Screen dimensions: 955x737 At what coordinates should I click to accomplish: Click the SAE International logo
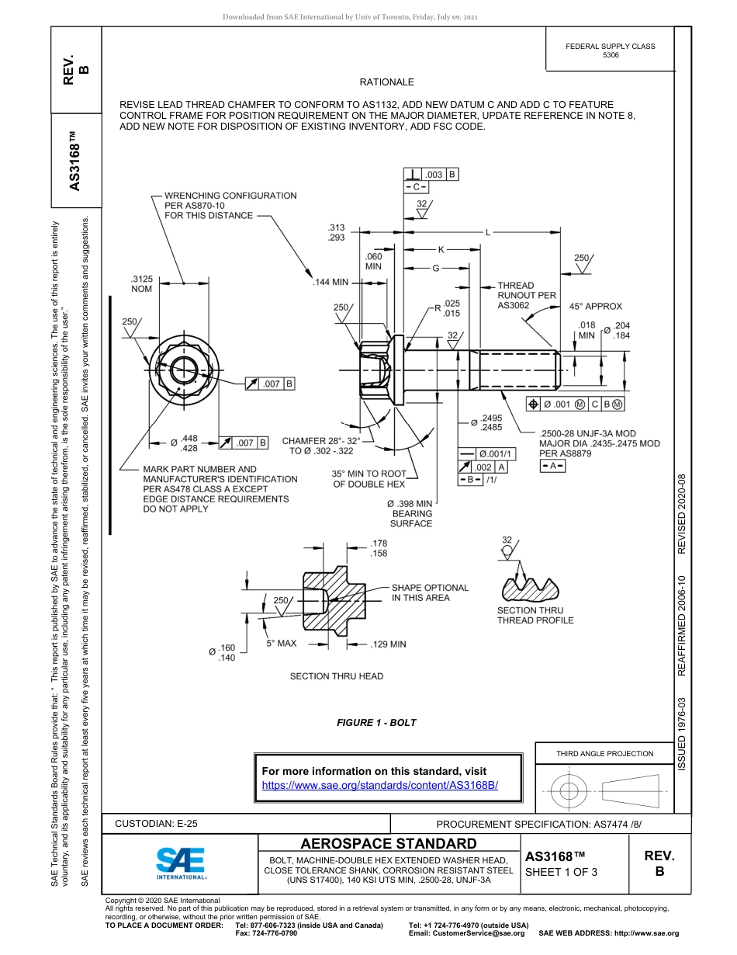(x=181, y=863)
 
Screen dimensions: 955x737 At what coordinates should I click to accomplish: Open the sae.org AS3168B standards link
(x=380, y=785)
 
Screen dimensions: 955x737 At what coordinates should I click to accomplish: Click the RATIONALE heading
(x=386, y=82)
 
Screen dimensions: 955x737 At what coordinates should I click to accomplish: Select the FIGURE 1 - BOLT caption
(x=376, y=723)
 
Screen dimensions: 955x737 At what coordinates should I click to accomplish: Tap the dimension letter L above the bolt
(x=488, y=231)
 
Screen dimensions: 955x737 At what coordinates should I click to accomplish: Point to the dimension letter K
(x=441, y=249)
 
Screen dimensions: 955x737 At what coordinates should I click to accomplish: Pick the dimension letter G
(x=435, y=268)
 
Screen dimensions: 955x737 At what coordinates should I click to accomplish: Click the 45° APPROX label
(x=595, y=307)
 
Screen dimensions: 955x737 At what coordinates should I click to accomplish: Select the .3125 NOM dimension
(x=140, y=283)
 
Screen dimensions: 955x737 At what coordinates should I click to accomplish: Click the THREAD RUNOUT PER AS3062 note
(x=526, y=296)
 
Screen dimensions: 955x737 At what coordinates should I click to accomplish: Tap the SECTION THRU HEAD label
(x=336, y=676)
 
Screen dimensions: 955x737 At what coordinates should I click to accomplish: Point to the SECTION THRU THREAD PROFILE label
(x=535, y=616)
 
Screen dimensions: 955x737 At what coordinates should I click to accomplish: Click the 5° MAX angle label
(x=282, y=644)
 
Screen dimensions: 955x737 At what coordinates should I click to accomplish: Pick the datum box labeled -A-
(x=552, y=466)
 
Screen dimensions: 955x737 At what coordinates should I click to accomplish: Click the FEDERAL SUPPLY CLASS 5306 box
(x=610, y=50)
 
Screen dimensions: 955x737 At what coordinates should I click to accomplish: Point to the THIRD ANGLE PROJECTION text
(x=604, y=753)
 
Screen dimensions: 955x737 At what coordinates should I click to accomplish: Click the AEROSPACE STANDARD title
(x=389, y=844)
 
